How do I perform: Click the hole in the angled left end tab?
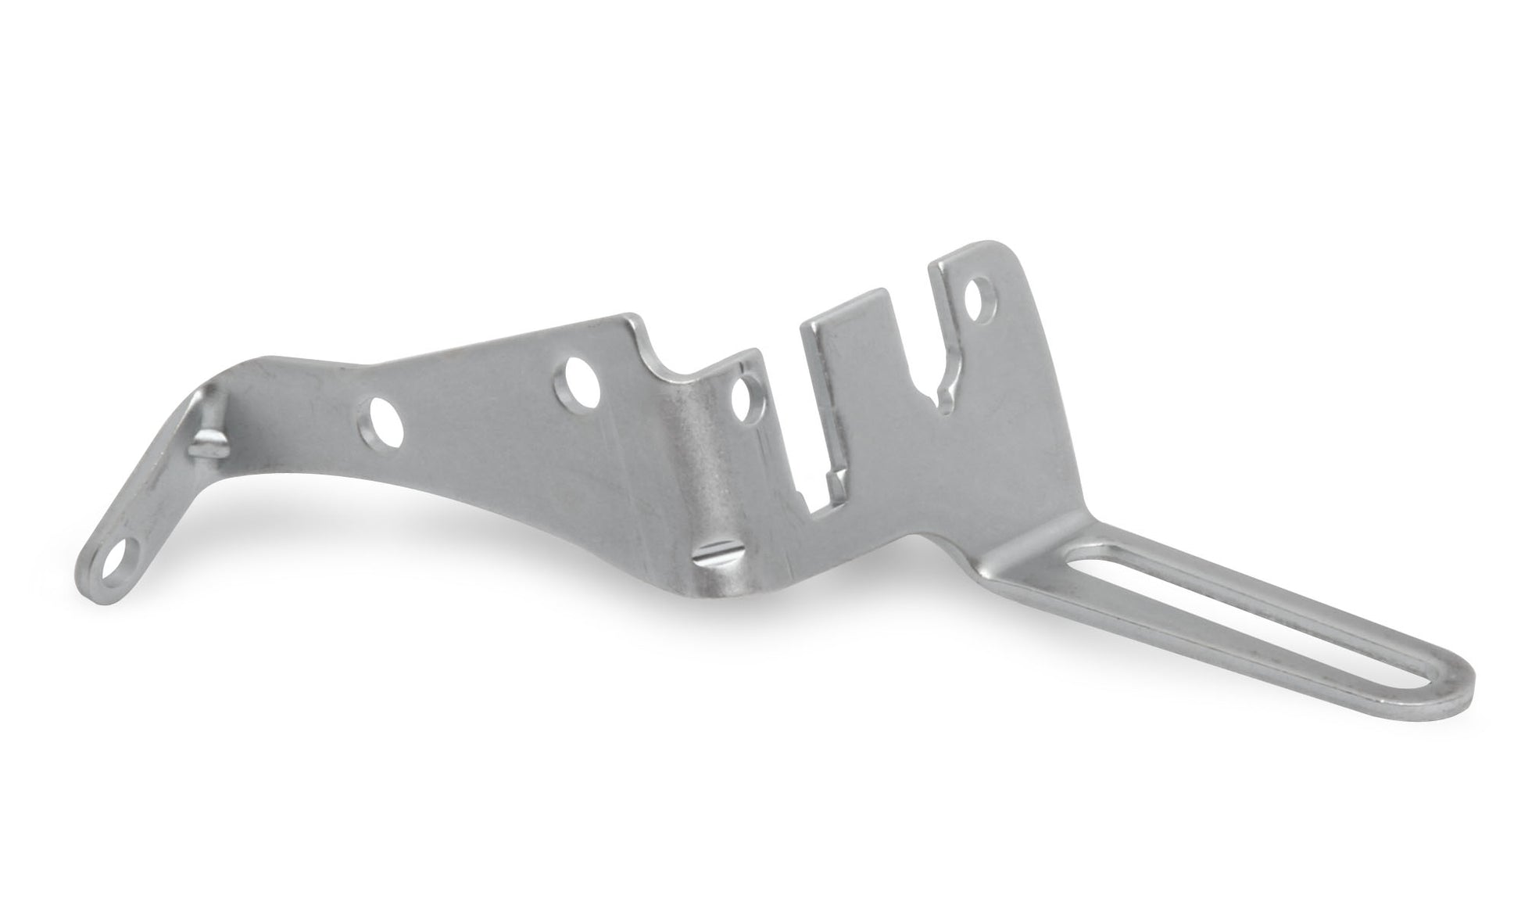(x=120, y=557)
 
